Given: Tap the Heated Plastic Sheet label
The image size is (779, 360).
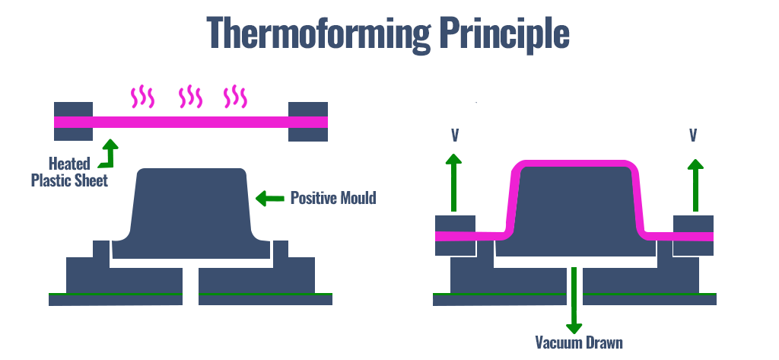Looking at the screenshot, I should point(68,172).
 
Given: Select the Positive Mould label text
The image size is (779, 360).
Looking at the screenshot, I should point(333,199).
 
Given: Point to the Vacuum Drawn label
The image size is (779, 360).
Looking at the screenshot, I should point(578,342).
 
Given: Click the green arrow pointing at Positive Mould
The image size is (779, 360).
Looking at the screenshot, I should point(269,199).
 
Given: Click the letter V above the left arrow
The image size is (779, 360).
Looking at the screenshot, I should point(454,135).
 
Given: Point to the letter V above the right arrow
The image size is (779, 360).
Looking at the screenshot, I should point(694,135).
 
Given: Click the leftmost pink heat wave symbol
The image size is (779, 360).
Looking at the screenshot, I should point(142,97).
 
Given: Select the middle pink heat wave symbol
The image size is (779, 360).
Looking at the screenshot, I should point(190,97).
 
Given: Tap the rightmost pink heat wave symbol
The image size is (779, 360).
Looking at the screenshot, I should point(235,97).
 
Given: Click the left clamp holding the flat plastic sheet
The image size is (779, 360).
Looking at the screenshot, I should point(73,121).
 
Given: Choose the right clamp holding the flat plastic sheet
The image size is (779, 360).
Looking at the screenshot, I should point(308,121).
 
